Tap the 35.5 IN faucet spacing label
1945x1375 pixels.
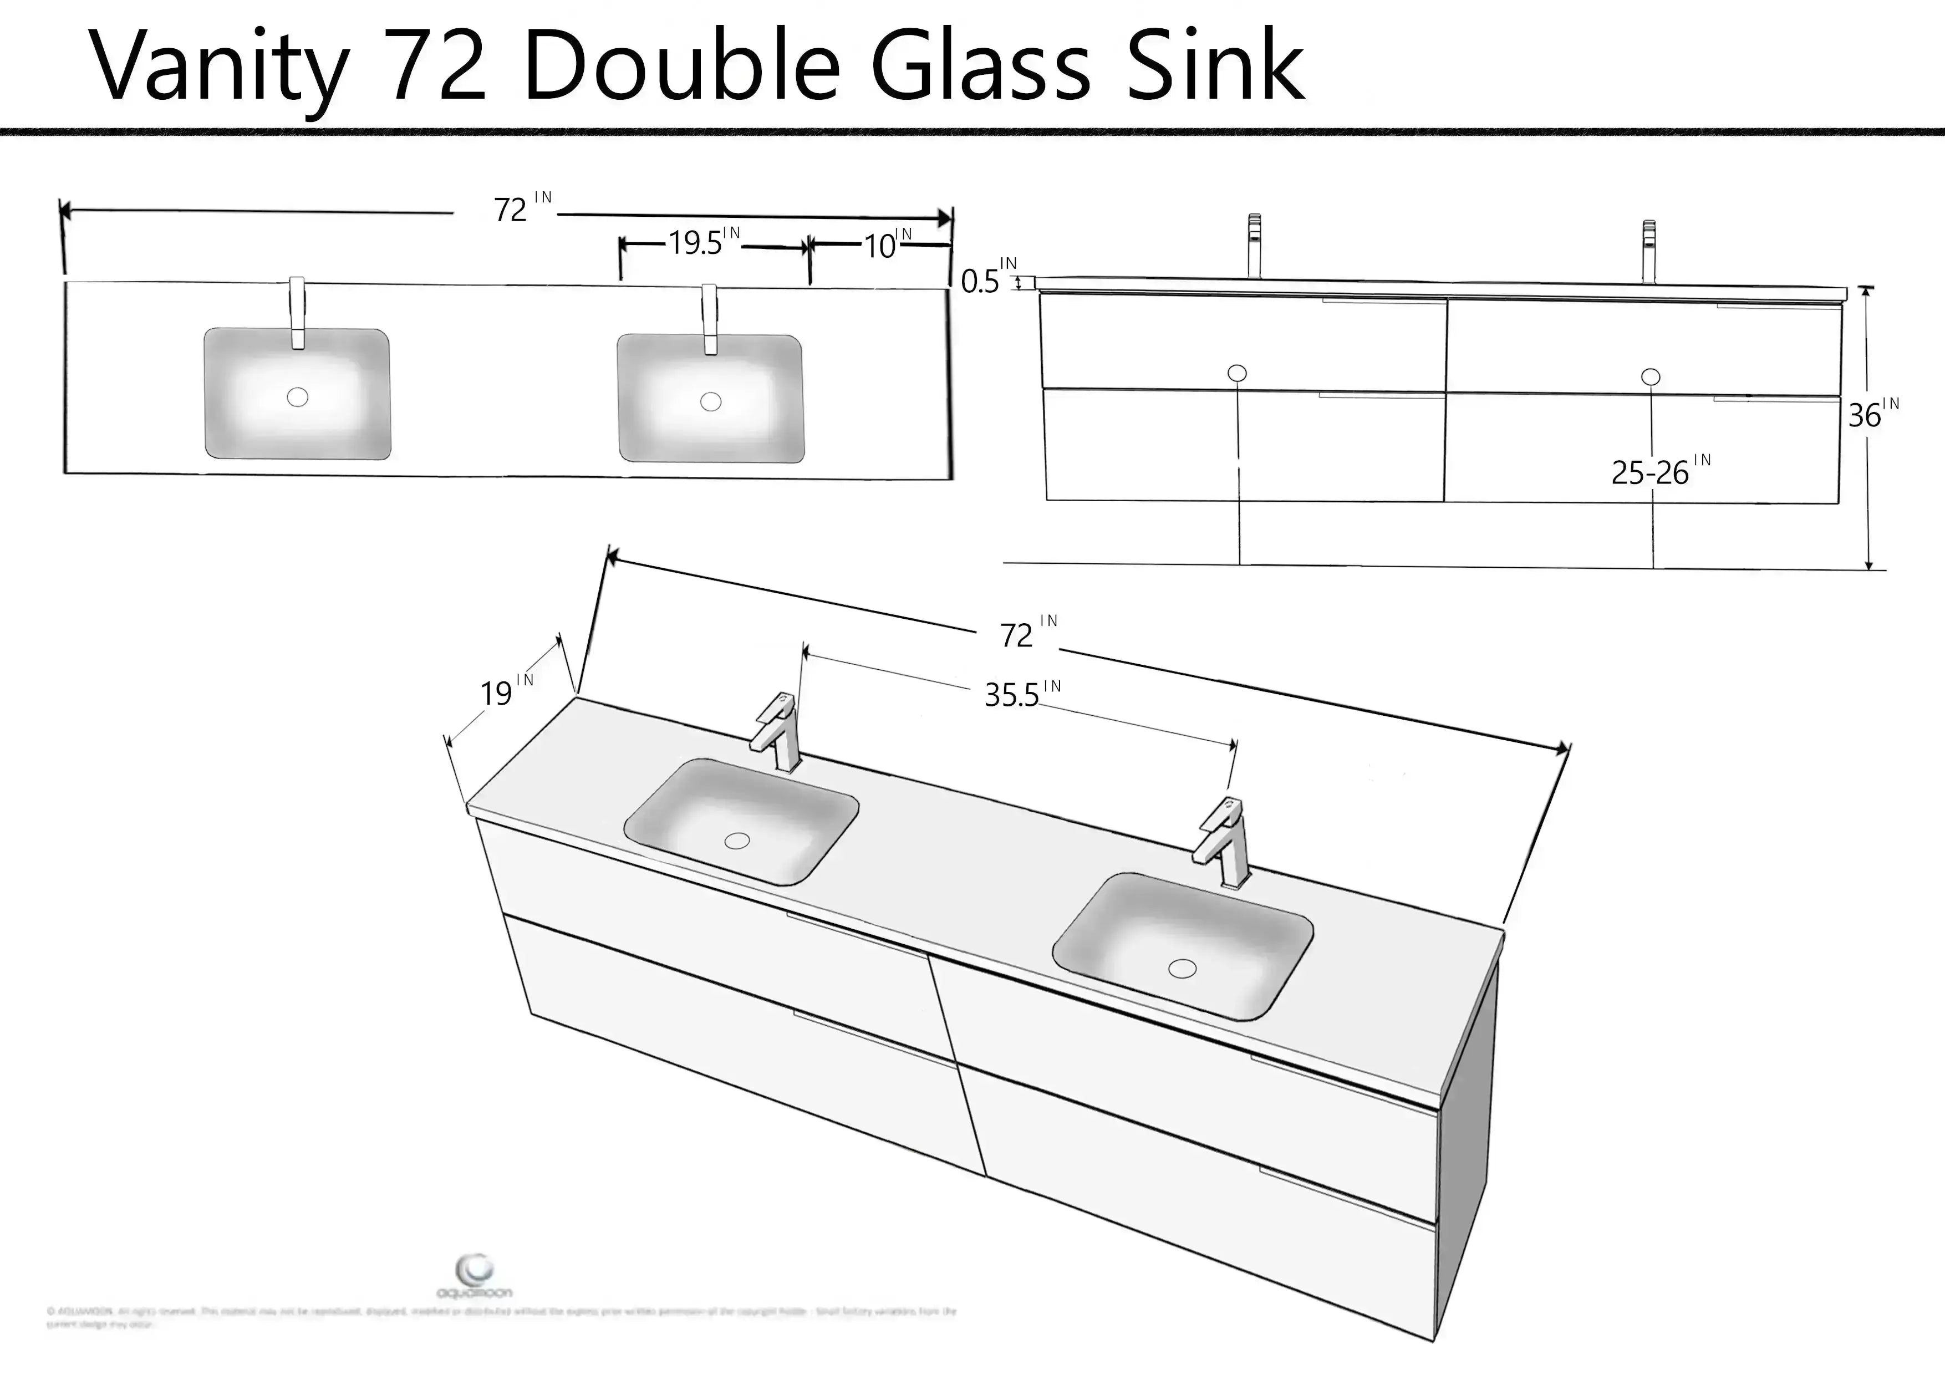pyautogui.click(x=1021, y=693)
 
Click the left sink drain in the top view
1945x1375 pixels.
pyautogui.click(x=297, y=396)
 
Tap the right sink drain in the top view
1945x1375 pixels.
pyautogui.click(x=711, y=401)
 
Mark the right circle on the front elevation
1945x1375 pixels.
pyautogui.click(x=1650, y=376)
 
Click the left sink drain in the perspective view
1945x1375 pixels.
pyautogui.click(x=737, y=841)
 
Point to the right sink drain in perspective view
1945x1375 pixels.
pyautogui.click(x=1182, y=967)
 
